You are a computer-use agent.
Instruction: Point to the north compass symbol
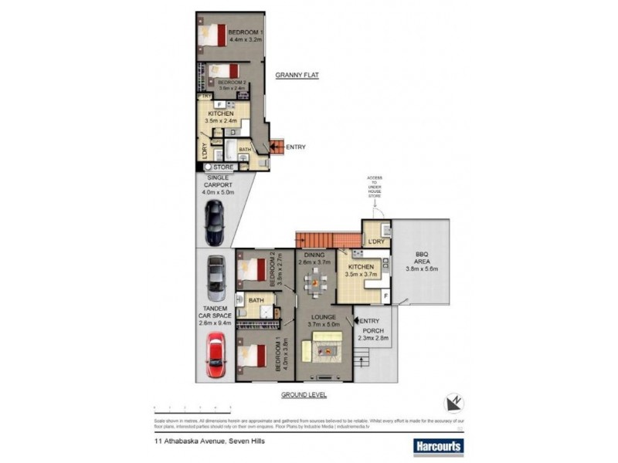453,402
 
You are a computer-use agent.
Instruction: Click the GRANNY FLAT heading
297,76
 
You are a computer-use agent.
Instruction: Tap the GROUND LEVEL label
304,394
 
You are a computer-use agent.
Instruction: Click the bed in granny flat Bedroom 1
214,35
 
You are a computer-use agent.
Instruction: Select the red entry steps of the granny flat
274,147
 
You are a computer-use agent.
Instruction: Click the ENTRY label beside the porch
370,322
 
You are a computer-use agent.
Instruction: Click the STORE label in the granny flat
222,167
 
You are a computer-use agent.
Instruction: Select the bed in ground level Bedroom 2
253,270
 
